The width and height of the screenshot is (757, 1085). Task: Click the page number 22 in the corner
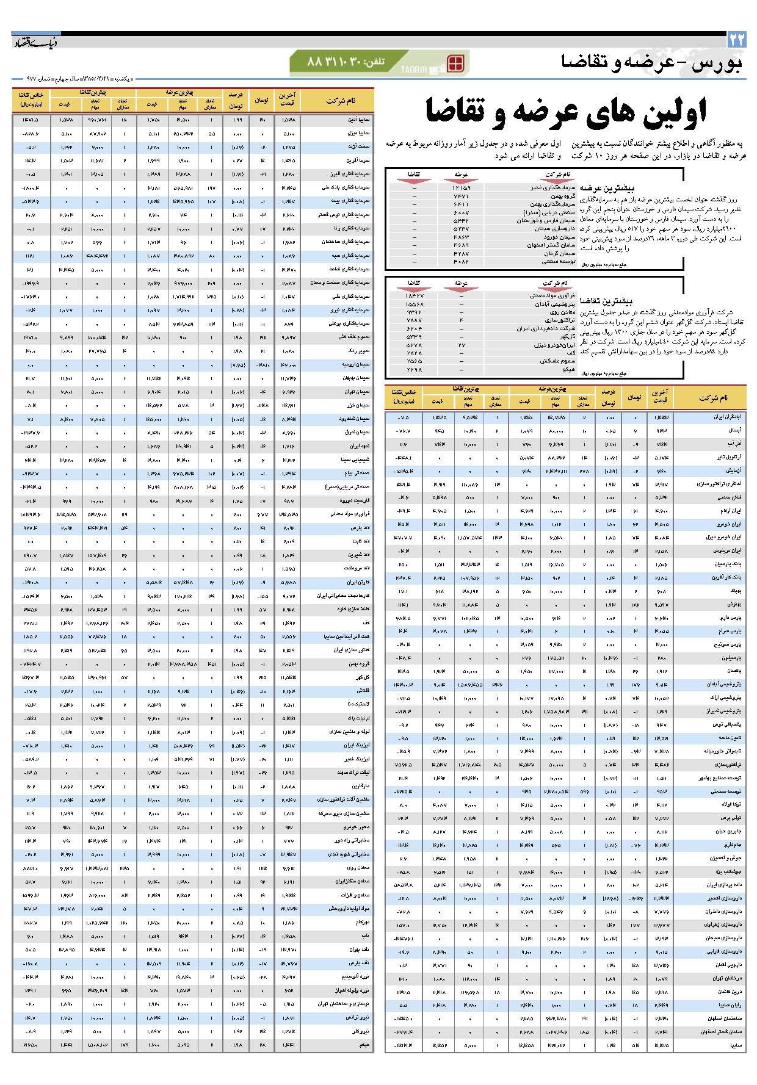tap(736, 40)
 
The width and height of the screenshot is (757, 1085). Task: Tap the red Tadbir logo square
tap(455, 63)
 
